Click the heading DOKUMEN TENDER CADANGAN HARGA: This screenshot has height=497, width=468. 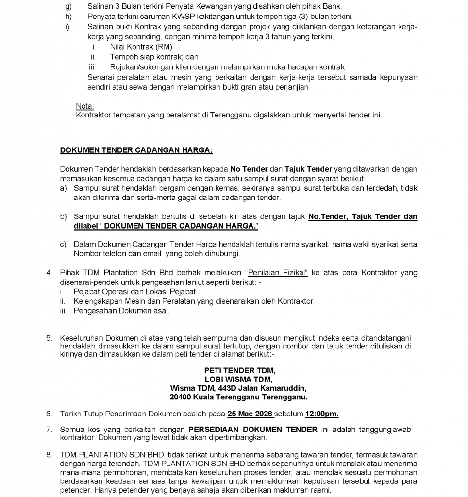coord(136,150)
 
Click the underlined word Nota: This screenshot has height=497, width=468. coord(85,106)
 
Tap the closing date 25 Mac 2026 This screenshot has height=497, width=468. coord(250,414)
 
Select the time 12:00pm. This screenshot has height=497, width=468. coord(322,414)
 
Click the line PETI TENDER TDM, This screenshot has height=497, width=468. coord(239,370)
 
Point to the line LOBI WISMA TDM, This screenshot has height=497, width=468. coord(238,379)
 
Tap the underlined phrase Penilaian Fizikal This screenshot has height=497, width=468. coord(278,273)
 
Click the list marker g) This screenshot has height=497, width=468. coord(67,7)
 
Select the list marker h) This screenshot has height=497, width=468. coord(67,16)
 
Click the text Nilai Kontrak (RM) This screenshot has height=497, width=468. coord(141,47)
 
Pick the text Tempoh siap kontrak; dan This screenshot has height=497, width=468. coord(154,57)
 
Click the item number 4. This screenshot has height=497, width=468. coord(49,273)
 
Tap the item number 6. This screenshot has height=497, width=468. coord(49,414)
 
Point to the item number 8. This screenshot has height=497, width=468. coord(49,455)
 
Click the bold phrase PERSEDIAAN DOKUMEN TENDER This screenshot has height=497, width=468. coord(253,430)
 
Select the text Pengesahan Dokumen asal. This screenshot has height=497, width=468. coord(121,311)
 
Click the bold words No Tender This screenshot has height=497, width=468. coord(249,169)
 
